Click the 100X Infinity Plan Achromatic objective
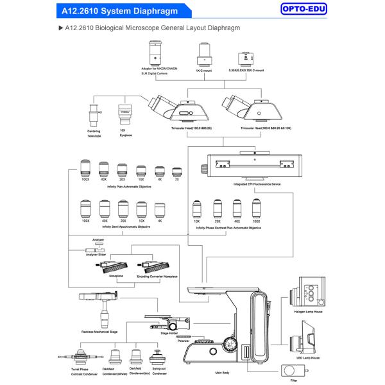coord(85,169)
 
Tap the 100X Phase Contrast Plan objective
coord(257,209)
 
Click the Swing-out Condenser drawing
coord(158,355)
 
